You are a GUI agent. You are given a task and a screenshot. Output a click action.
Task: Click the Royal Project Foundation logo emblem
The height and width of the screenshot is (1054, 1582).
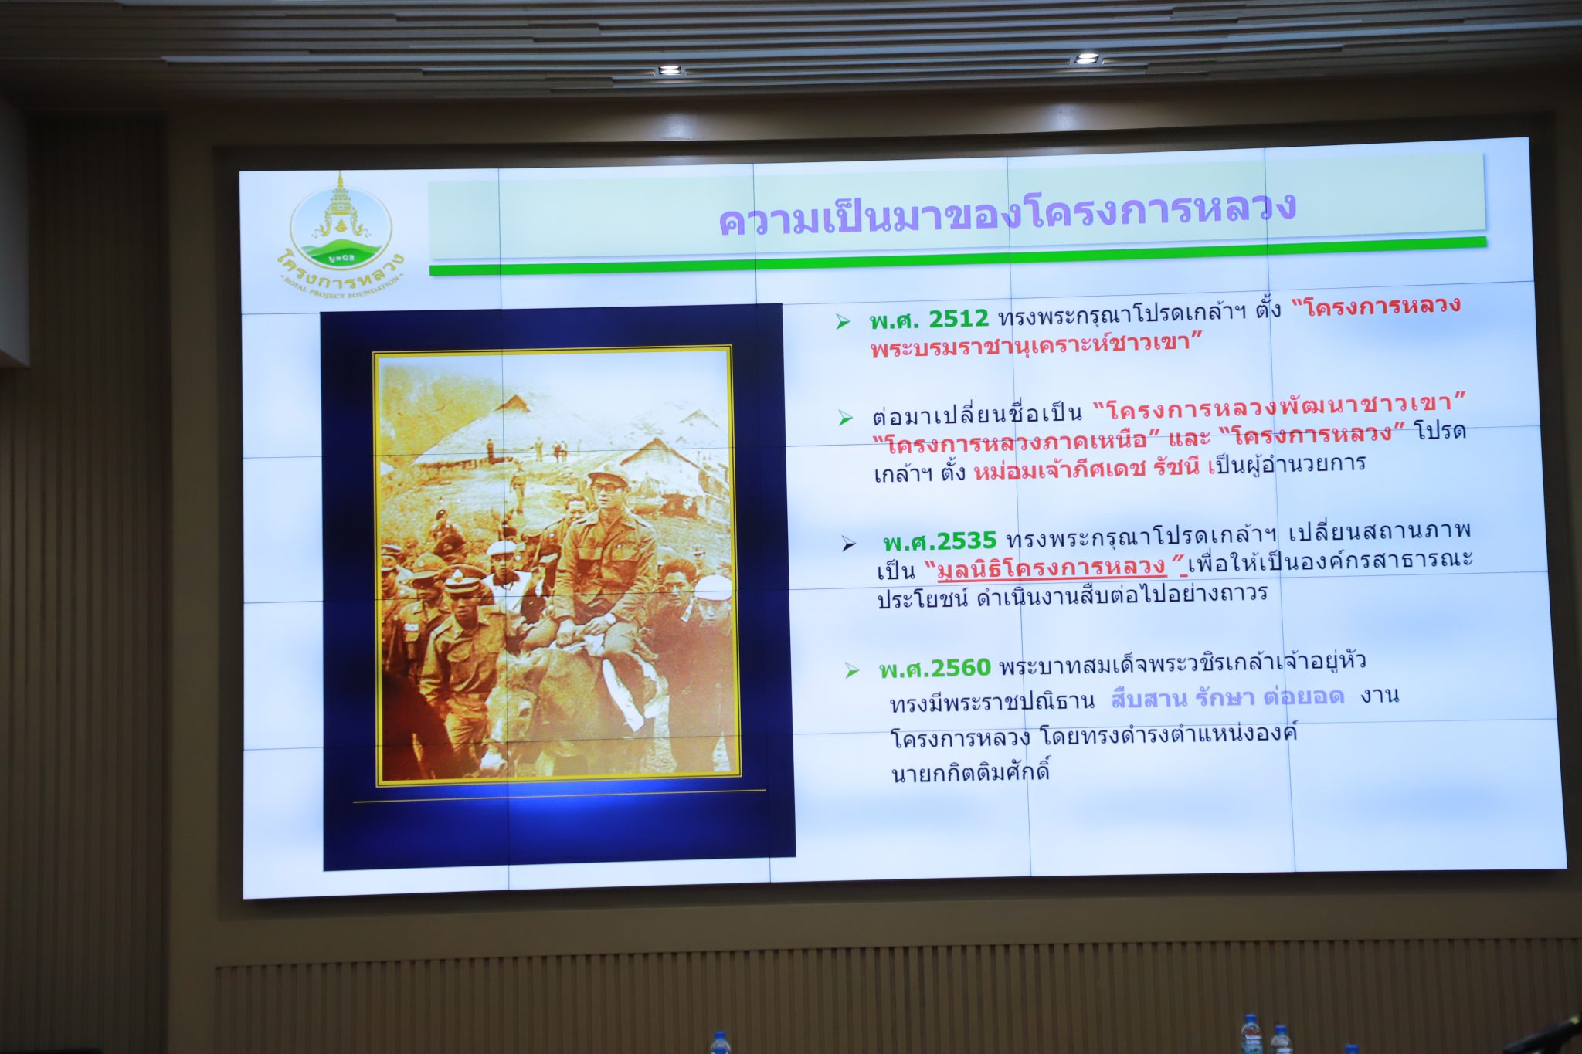point(341,232)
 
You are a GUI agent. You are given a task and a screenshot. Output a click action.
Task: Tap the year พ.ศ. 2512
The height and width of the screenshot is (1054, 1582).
point(928,319)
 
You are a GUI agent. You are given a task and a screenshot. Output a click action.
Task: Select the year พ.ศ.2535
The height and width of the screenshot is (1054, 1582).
point(940,540)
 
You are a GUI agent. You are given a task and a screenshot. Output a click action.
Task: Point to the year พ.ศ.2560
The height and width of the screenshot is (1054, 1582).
point(935,668)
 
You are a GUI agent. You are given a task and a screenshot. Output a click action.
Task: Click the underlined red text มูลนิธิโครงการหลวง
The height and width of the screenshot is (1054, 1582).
point(1051,568)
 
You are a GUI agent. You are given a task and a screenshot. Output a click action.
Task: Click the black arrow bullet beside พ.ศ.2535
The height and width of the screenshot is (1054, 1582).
point(849,544)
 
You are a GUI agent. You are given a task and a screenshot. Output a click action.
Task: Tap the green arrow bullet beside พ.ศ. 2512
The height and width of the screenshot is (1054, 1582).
point(843,322)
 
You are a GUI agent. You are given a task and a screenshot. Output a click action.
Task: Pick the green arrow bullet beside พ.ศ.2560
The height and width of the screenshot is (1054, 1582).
point(852,670)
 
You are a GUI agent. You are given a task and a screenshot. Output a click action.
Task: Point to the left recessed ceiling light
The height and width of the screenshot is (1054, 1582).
point(670,70)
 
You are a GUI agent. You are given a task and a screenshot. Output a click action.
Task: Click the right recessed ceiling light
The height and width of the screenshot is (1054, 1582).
point(1086,59)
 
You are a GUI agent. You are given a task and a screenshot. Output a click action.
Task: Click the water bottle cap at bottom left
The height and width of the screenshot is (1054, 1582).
point(719,1036)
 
